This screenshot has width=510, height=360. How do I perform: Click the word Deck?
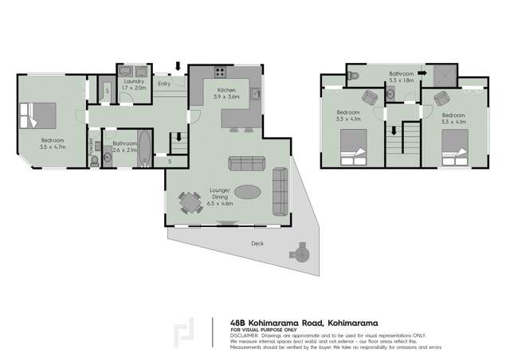257,244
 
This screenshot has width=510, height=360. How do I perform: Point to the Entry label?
164,83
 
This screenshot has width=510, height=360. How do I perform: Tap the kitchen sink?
256,96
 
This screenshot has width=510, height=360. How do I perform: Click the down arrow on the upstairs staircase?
394,132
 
